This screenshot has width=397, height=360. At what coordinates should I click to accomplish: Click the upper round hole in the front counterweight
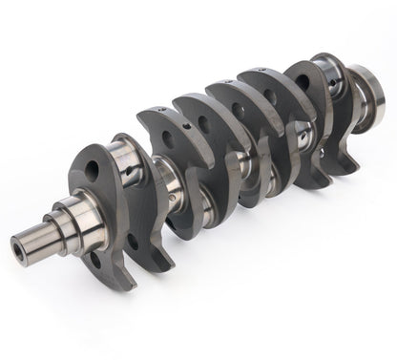[94, 173]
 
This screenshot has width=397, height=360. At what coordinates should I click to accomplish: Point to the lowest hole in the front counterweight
[94, 259]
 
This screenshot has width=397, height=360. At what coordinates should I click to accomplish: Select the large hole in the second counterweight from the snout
[168, 139]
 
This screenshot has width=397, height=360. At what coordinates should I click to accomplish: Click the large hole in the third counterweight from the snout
[203, 122]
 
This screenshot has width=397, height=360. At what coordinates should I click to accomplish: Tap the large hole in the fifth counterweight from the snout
[267, 96]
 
